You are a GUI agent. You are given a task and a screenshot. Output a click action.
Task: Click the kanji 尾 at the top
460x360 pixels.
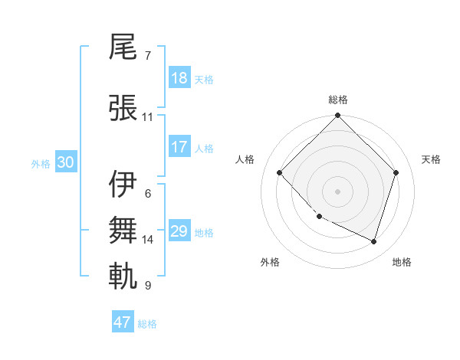tap(123, 48)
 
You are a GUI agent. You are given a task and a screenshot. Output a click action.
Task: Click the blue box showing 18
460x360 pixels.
tap(179, 78)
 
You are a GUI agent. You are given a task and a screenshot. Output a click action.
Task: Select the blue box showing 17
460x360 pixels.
tap(179, 147)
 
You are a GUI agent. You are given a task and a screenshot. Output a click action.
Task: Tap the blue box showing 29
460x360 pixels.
tap(179, 231)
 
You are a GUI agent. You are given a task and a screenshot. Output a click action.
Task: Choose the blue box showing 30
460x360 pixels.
tap(64, 162)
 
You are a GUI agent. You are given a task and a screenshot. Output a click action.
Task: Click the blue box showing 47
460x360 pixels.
tap(123, 322)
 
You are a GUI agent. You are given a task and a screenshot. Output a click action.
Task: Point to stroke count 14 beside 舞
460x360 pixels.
tap(148, 240)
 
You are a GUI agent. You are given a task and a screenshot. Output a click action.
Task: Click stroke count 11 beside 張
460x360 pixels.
tap(147, 117)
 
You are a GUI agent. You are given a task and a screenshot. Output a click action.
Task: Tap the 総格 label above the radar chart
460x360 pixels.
tap(338, 100)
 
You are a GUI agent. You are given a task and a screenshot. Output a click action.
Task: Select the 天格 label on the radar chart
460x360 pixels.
tap(431, 159)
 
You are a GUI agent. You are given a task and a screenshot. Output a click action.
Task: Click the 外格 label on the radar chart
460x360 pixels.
tap(270, 263)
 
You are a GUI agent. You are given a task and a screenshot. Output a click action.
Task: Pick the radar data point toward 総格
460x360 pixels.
tap(337, 116)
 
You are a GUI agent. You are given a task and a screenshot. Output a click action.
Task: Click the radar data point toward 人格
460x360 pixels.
tap(280, 173)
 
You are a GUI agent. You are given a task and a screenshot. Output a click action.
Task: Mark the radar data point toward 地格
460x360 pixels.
tap(373, 241)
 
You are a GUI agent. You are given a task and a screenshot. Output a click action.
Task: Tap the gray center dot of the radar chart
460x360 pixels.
tap(337, 191)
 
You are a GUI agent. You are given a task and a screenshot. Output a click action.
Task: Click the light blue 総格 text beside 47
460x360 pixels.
tap(147, 324)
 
